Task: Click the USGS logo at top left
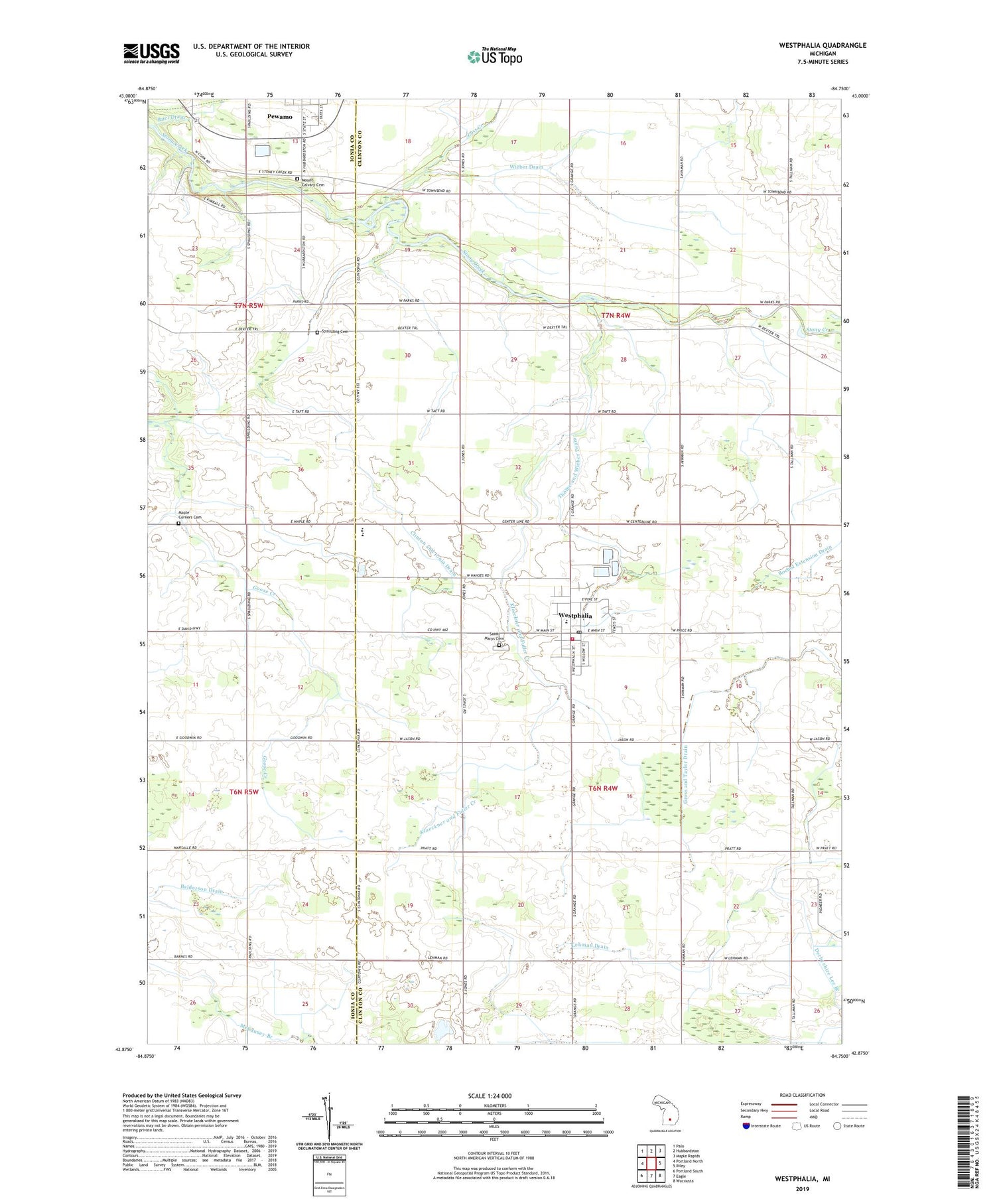(x=151, y=53)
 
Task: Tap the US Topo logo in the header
(x=494, y=57)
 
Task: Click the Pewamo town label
(x=279, y=117)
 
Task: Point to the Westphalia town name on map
(x=575, y=616)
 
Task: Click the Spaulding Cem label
(x=334, y=332)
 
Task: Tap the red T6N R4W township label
(x=603, y=788)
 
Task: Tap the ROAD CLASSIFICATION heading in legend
(x=803, y=1095)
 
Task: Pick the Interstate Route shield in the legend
(x=746, y=1126)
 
